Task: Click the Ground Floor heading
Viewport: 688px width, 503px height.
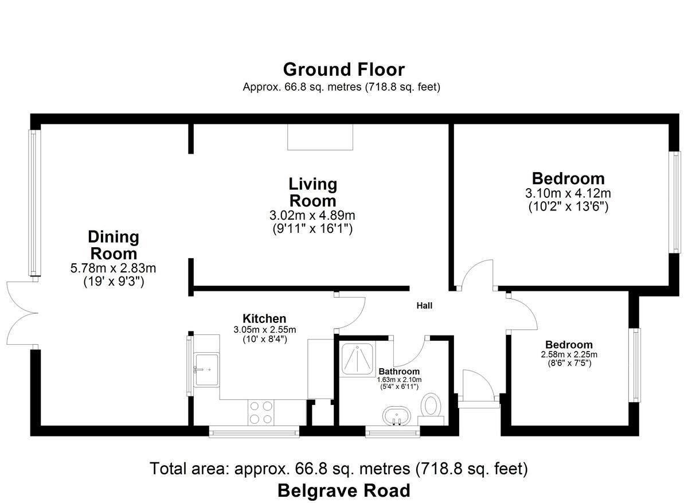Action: pos(343,69)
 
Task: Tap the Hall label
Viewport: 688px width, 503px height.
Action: pos(424,306)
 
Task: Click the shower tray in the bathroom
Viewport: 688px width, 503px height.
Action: pos(357,359)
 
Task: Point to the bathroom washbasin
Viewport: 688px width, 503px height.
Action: pos(397,416)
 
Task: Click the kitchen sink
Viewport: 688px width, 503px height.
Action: pos(207,369)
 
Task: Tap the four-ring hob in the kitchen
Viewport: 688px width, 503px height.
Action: pos(261,412)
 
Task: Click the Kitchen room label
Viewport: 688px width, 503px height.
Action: pos(264,318)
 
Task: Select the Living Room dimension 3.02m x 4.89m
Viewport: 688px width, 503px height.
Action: pos(312,216)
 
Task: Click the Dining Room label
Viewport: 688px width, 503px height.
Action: pos(114,245)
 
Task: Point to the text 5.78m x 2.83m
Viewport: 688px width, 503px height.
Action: pos(113,268)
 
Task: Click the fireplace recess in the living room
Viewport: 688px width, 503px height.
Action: pos(320,137)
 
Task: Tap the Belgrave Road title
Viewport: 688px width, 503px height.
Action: pos(343,490)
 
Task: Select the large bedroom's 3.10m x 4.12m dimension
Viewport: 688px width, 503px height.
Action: pos(568,193)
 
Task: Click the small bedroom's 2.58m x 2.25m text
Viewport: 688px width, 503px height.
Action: pos(569,354)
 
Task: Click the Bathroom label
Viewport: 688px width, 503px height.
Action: pos(399,371)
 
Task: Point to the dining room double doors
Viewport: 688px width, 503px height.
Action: pos(22,313)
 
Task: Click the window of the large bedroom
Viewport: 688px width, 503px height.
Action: pos(675,202)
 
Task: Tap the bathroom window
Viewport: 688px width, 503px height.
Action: pos(393,431)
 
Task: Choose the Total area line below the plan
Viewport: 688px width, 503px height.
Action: pos(339,469)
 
